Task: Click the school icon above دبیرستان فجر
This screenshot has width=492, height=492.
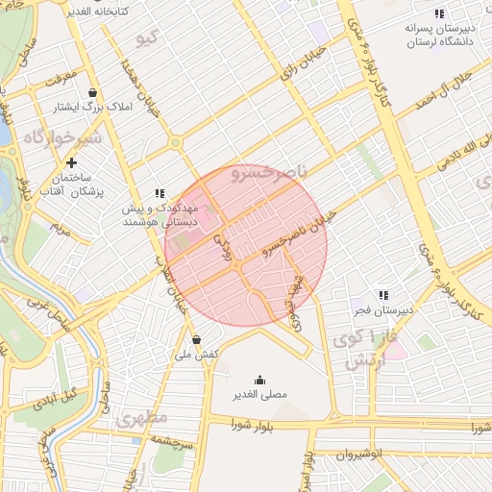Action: click(383, 295)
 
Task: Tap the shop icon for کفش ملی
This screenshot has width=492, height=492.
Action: click(196, 339)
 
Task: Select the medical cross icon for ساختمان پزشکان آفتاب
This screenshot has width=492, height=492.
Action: click(71, 162)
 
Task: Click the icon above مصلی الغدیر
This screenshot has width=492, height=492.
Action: click(258, 380)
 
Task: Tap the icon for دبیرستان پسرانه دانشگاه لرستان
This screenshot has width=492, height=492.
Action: click(439, 13)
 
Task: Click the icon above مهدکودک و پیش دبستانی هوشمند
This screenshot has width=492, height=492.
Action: click(160, 193)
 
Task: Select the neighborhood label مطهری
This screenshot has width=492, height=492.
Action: click(143, 419)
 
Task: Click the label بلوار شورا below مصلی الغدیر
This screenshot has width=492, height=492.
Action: click(253, 425)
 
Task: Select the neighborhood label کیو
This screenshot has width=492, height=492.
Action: click(146, 38)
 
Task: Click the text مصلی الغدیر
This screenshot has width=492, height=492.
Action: click(258, 395)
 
